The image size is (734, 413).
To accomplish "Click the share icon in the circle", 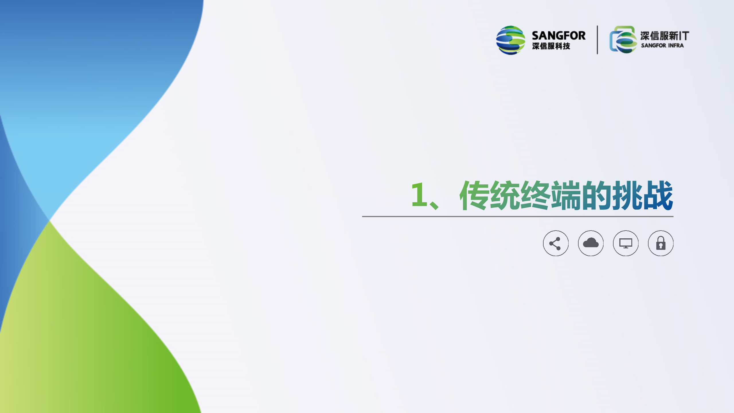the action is pyautogui.click(x=556, y=243).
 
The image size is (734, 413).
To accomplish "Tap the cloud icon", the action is pyautogui.click(x=591, y=243).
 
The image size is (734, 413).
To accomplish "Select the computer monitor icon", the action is pyautogui.click(x=626, y=243).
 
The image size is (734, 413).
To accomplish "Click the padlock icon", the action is pyautogui.click(x=661, y=243).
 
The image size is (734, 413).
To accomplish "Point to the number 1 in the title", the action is pyautogui.click(x=419, y=195).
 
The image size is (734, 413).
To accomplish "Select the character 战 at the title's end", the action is pyautogui.click(x=658, y=195).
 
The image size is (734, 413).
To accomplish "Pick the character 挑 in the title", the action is pyautogui.click(x=627, y=195).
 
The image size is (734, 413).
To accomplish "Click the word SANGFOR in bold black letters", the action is pyautogui.click(x=559, y=36).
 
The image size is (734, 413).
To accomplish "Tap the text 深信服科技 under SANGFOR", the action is pyautogui.click(x=551, y=46).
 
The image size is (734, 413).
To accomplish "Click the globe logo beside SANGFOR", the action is pyautogui.click(x=511, y=40).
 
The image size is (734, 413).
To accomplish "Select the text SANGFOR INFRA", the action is pyautogui.click(x=662, y=45).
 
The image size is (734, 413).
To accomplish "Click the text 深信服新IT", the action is pyautogui.click(x=665, y=36).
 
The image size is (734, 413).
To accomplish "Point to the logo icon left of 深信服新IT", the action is pyautogui.click(x=623, y=40).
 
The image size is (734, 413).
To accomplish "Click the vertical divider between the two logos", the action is pyautogui.click(x=597, y=40).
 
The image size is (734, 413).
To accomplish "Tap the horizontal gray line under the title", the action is pyautogui.click(x=518, y=217).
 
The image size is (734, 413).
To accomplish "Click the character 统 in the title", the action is pyautogui.click(x=505, y=195).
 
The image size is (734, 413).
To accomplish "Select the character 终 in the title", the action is pyautogui.click(x=535, y=195).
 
